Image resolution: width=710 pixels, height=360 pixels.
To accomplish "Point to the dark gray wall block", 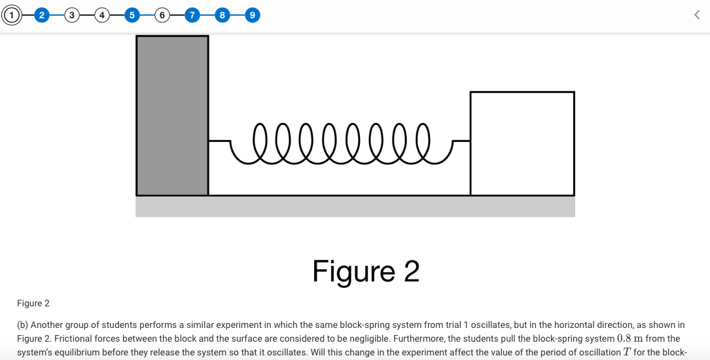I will coord(172,116).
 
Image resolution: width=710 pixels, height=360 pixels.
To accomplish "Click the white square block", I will coord(522,143).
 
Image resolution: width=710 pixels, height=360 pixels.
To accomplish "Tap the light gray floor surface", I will coord(355,206).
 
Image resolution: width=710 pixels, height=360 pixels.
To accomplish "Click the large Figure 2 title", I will coord(366,271).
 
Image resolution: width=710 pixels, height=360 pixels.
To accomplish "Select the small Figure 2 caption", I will coord(33,303).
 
